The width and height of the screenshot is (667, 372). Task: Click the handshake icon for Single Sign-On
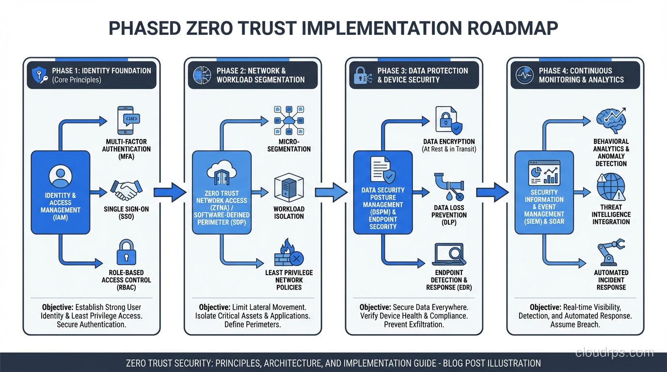[x=126, y=190]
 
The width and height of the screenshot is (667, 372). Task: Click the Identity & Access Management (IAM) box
[x=61, y=192]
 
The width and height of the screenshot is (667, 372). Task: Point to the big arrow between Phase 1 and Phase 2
[x=170, y=192]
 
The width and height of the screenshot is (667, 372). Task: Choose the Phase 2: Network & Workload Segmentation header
[x=253, y=75]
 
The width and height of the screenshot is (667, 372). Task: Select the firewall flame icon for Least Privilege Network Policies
[x=289, y=253]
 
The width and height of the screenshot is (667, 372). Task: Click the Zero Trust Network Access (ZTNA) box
[x=222, y=192]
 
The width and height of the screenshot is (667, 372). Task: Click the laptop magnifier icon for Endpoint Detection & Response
[x=449, y=254]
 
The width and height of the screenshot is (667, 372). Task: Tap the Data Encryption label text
[x=449, y=142]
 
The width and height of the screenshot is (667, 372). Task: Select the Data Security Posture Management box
[x=383, y=192]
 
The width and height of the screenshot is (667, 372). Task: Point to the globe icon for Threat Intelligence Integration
[x=611, y=187]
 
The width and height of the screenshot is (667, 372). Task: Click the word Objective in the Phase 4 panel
[x=545, y=307]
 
